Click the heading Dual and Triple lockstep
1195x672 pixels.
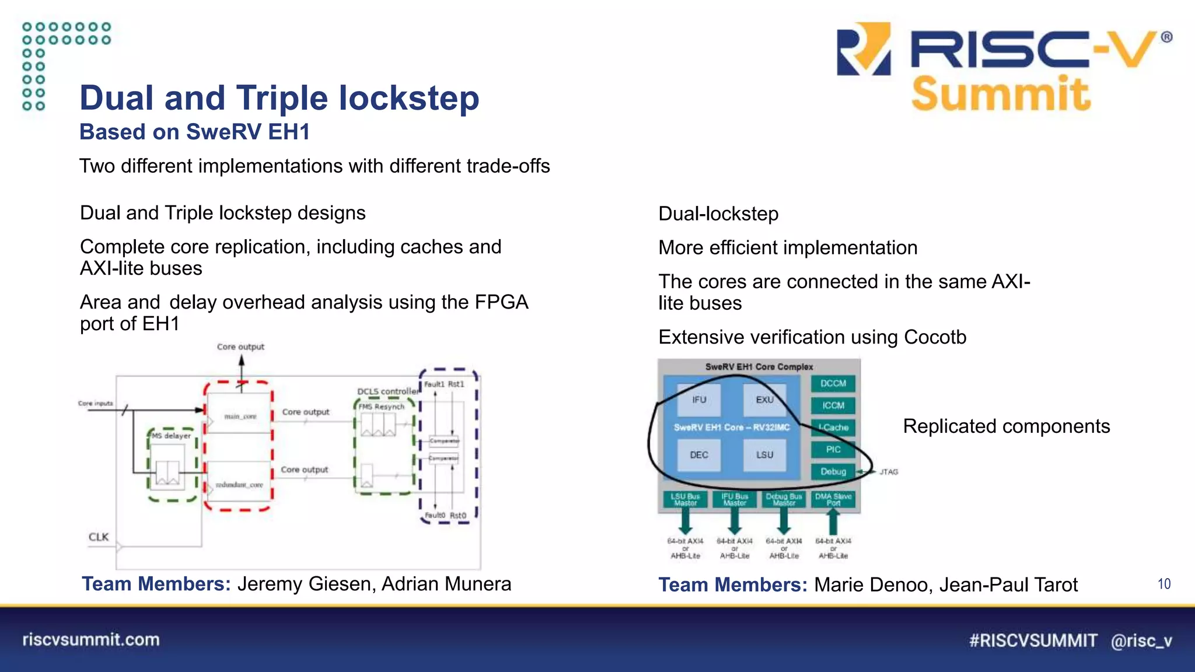point(279,97)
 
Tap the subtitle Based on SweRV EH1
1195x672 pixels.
point(194,132)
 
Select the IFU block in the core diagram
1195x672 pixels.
point(699,400)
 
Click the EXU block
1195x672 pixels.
point(764,400)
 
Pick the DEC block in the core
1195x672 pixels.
point(699,455)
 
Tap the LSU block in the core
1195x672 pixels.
point(764,455)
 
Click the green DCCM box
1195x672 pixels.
point(833,383)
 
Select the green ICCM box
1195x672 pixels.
point(833,405)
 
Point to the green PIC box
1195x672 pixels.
point(833,449)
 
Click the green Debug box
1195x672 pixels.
point(833,471)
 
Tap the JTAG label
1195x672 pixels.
point(889,472)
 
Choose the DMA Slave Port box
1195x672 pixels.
point(833,499)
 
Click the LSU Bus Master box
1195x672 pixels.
point(685,499)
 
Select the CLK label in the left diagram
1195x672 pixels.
point(99,537)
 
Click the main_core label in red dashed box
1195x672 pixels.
point(240,416)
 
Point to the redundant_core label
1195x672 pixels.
point(239,485)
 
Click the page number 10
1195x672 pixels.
point(1164,584)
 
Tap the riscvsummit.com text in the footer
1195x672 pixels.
point(91,640)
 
